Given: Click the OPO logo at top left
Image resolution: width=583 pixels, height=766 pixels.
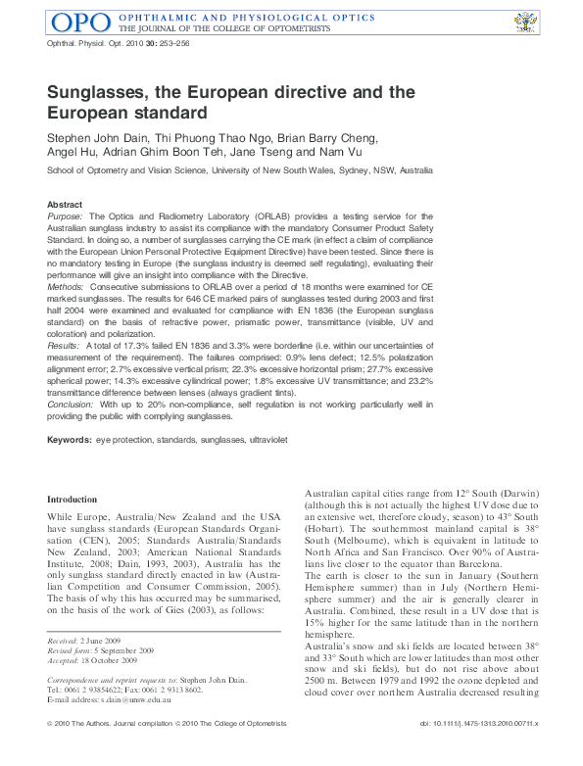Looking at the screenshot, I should [78, 22].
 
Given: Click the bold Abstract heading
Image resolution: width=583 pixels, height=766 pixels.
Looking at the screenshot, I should [65, 204].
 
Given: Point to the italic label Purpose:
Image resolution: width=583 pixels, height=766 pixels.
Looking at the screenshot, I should [66, 215].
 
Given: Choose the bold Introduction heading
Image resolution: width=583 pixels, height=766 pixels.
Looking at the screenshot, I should [73, 500].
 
